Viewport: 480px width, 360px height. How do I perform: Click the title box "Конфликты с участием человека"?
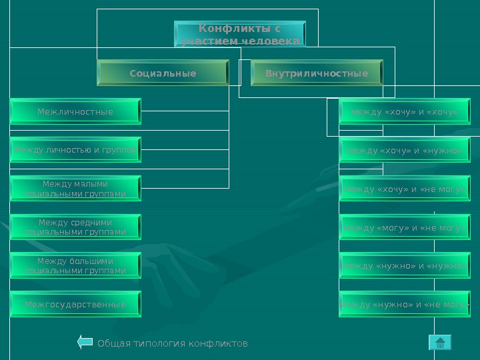pos(240,35)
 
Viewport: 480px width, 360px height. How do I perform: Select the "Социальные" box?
pos(163,73)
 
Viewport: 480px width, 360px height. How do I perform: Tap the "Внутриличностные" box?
pos(317,73)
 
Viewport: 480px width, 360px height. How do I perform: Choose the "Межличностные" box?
pos(75,111)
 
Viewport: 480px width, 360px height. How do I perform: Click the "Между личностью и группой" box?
pos(75,150)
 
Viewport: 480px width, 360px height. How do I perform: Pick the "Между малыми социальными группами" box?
pos(75,189)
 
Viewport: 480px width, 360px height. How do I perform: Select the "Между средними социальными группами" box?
pos(75,227)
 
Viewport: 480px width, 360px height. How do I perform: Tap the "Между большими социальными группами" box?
pos(75,265)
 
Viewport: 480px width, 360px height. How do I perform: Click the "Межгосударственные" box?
pos(75,304)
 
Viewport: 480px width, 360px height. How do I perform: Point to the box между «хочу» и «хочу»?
pos(405,111)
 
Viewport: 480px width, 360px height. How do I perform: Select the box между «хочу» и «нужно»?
pos(405,150)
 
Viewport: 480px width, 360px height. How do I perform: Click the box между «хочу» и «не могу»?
pos(405,189)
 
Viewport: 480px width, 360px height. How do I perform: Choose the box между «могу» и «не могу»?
pos(405,227)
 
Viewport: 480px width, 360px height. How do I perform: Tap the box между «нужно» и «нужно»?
pos(405,265)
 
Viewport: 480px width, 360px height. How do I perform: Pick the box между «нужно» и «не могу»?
pos(405,304)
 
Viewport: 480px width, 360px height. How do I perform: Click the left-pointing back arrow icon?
pos(85,343)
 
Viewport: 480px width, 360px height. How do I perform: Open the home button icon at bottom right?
pos(440,343)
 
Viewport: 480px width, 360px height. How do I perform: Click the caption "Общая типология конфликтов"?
pos(173,343)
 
